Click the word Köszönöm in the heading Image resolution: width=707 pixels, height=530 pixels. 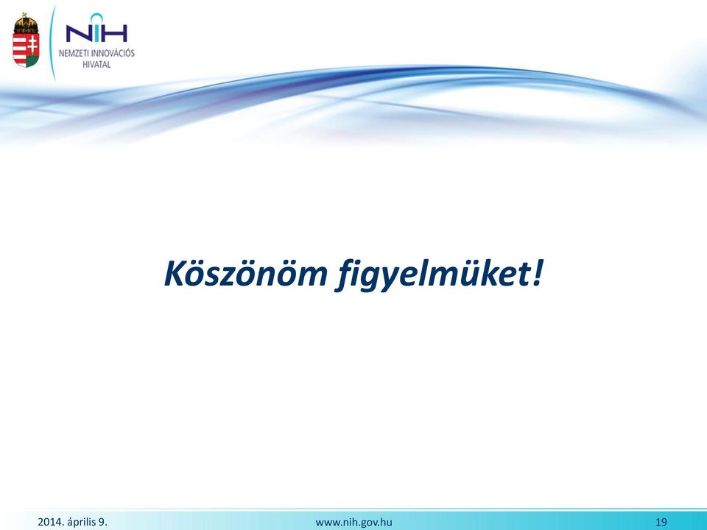(246, 273)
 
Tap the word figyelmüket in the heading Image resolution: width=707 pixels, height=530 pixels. (432, 275)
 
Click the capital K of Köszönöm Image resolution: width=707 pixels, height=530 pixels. (176, 274)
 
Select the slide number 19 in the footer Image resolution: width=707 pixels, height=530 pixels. (661, 523)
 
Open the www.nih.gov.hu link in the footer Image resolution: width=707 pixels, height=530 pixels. (354, 523)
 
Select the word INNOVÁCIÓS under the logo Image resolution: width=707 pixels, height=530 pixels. (113, 53)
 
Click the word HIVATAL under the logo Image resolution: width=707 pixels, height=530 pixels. (96, 65)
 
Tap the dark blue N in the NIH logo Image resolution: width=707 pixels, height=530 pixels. (77, 33)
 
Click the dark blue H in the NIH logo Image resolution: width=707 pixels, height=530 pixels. (116, 33)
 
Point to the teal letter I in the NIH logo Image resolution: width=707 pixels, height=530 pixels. (96, 33)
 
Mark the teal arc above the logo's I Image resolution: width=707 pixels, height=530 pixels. (96, 16)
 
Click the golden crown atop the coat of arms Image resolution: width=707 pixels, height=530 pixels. (26, 23)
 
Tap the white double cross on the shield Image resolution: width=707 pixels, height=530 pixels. (32, 45)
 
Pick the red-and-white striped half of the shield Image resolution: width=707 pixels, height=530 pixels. (19, 49)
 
